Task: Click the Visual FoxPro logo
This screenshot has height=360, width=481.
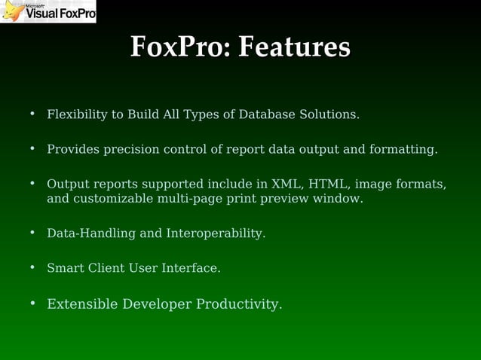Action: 48,11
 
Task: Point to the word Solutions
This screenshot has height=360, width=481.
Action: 330,114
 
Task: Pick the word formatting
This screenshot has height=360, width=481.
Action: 403,149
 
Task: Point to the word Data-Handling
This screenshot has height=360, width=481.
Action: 91,233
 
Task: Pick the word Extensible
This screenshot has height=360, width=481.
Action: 82,304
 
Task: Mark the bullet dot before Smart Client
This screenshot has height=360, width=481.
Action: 32,267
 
